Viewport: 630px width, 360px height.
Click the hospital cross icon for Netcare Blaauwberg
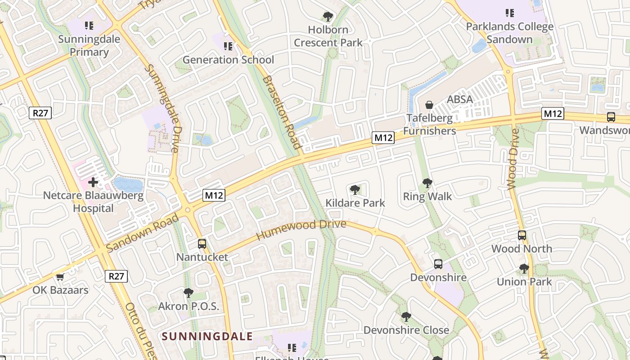[93, 182]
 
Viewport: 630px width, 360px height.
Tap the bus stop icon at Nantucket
[202, 244]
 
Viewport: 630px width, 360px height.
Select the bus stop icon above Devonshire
[438, 264]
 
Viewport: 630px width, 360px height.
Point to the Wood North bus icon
[522, 235]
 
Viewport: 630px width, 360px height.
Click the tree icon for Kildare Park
[355, 189]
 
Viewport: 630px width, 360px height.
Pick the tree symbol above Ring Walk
[427, 183]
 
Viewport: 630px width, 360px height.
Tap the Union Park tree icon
[524, 269]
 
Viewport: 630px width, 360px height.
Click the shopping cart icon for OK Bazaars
[60, 277]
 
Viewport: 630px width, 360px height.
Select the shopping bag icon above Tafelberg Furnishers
[429, 105]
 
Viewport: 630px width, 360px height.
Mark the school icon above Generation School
[228, 46]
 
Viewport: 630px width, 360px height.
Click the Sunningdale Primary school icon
[89, 25]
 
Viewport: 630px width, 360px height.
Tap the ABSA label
[459, 99]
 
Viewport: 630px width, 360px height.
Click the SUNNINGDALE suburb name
[207, 336]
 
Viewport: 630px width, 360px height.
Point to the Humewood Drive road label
[301, 229]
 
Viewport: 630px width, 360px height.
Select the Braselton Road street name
[281, 112]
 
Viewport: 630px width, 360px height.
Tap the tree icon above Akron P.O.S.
[189, 293]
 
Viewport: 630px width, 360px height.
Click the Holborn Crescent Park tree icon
[328, 17]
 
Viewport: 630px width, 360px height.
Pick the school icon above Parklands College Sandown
[510, 13]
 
